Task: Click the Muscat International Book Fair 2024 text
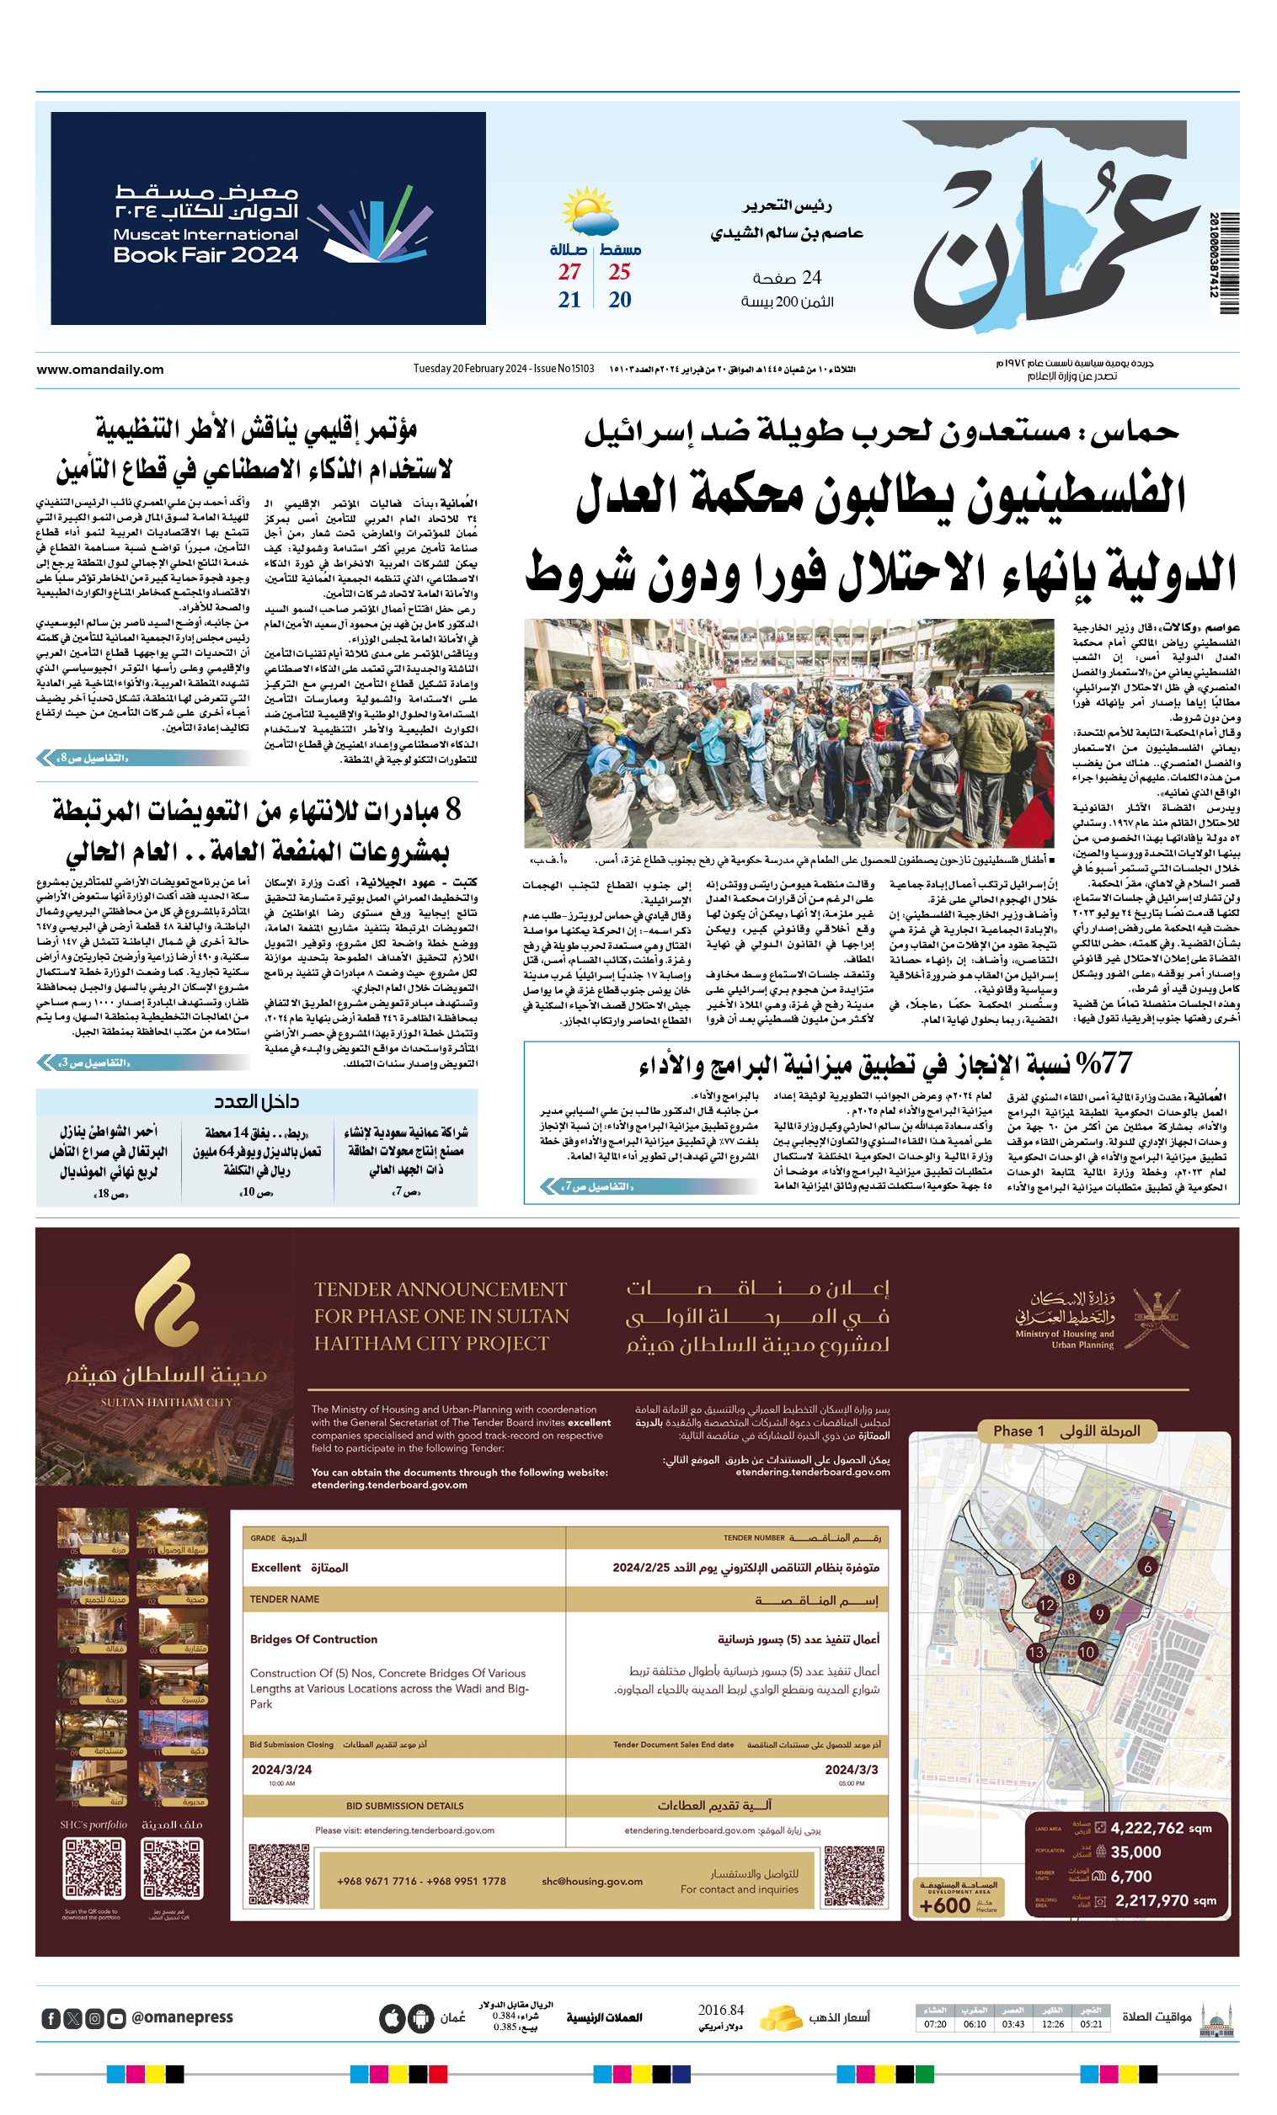point(206,245)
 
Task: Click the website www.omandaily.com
point(99,370)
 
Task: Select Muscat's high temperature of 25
point(619,272)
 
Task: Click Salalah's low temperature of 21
point(569,300)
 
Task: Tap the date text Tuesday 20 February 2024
point(470,369)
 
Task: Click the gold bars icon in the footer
point(780,2017)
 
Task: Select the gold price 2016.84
point(720,2010)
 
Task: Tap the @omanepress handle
point(182,2017)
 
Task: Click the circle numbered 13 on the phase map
point(1036,1651)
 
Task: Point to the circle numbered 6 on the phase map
point(1147,1567)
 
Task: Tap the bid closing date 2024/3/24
point(281,1769)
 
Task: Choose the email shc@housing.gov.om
point(591,1881)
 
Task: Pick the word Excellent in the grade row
point(275,1568)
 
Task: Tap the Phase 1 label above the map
point(1018,1430)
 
